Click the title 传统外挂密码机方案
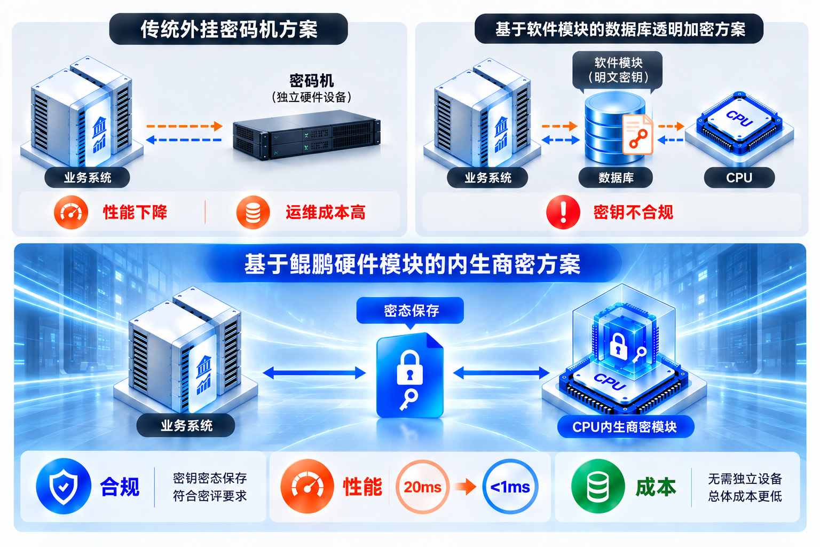[x=229, y=29]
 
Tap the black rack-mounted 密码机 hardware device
[x=307, y=135]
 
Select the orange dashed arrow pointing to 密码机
[x=185, y=126]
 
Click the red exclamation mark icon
[x=563, y=212]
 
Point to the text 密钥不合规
[x=633, y=213]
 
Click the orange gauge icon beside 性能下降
[x=71, y=212]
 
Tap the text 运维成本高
[x=326, y=213]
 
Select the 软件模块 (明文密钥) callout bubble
[x=618, y=71]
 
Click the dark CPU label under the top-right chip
[x=739, y=178]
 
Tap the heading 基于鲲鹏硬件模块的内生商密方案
[x=412, y=264]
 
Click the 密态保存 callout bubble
[x=411, y=311]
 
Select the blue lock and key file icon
[x=410, y=375]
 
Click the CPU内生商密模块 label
[x=625, y=427]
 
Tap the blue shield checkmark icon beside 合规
[x=64, y=486]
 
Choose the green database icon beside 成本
[x=598, y=486]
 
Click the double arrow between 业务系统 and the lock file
[x=314, y=373]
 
